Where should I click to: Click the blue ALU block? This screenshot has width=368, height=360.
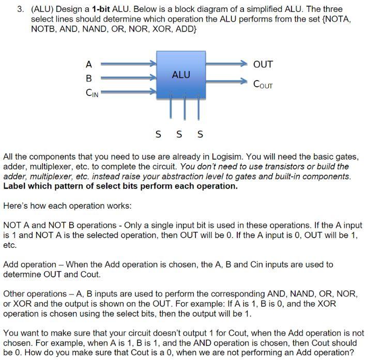click(180, 75)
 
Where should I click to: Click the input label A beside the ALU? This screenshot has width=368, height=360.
click(88, 65)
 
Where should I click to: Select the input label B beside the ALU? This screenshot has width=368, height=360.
click(88, 79)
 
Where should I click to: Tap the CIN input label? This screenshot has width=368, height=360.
click(91, 93)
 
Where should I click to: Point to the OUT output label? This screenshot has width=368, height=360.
click(263, 65)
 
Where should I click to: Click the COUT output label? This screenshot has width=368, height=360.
click(263, 83)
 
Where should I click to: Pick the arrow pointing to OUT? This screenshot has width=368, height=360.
click(227, 65)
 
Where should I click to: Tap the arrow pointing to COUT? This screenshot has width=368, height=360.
click(227, 82)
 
